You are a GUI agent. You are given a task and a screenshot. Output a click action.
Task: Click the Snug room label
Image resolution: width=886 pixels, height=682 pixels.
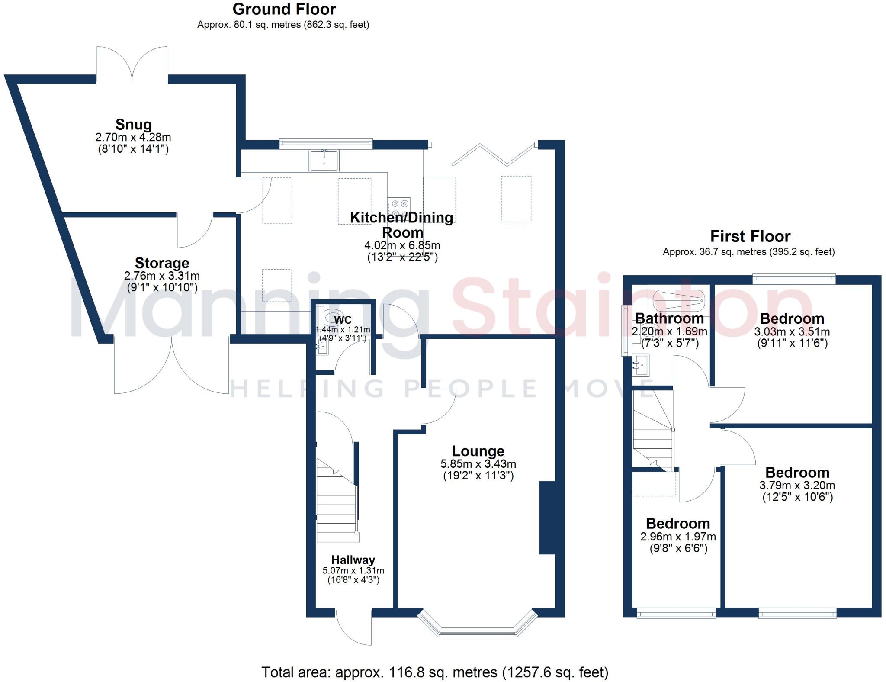tap(133, 124)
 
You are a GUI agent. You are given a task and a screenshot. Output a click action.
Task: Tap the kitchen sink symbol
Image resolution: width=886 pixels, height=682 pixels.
tap(324, 161)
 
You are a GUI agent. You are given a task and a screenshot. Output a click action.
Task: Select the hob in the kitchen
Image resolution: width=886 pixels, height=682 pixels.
tap(399, 208)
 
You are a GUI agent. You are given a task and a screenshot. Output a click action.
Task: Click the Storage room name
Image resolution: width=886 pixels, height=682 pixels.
tap(162, 263)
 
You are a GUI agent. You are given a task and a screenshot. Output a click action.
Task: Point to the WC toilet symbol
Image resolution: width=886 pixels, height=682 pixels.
tap(333, 315)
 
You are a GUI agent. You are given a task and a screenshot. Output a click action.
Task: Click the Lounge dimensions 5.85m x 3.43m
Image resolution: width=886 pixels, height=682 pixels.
tap(478, 464)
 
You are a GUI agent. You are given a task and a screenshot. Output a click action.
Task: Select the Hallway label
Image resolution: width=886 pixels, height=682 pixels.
tap(353, 560)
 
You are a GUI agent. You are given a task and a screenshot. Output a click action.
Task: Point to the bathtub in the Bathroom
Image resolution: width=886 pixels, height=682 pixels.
tap(678, 299)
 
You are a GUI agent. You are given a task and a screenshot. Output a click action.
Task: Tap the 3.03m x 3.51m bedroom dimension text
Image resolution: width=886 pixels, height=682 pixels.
tap(792, 332)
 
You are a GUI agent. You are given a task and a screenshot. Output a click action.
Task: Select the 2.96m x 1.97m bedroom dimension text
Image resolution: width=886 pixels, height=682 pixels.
tap(678, 537)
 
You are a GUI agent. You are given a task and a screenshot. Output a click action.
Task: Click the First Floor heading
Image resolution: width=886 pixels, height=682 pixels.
tap(750, 236)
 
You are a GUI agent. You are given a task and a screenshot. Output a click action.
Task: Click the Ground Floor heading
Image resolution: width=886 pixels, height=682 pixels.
tap(284, 9)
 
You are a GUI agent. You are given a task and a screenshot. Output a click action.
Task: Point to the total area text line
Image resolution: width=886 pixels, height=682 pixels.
tap(434, 672)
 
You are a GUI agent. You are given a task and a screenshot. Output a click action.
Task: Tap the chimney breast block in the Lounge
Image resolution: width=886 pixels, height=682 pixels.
tap(547, 518)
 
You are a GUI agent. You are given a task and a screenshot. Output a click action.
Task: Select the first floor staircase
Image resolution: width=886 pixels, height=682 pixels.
tap(653, 433)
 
